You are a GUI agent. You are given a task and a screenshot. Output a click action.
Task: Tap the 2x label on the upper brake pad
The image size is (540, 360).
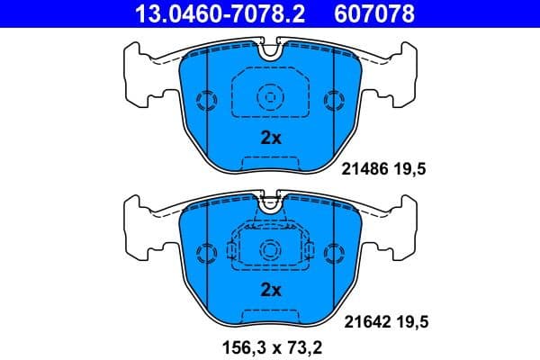tap(271, 138)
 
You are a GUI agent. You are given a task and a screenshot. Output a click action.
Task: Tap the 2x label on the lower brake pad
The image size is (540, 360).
tap(271, 290)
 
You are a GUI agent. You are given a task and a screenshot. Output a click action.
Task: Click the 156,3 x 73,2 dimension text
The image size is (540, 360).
tap(271, 343)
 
